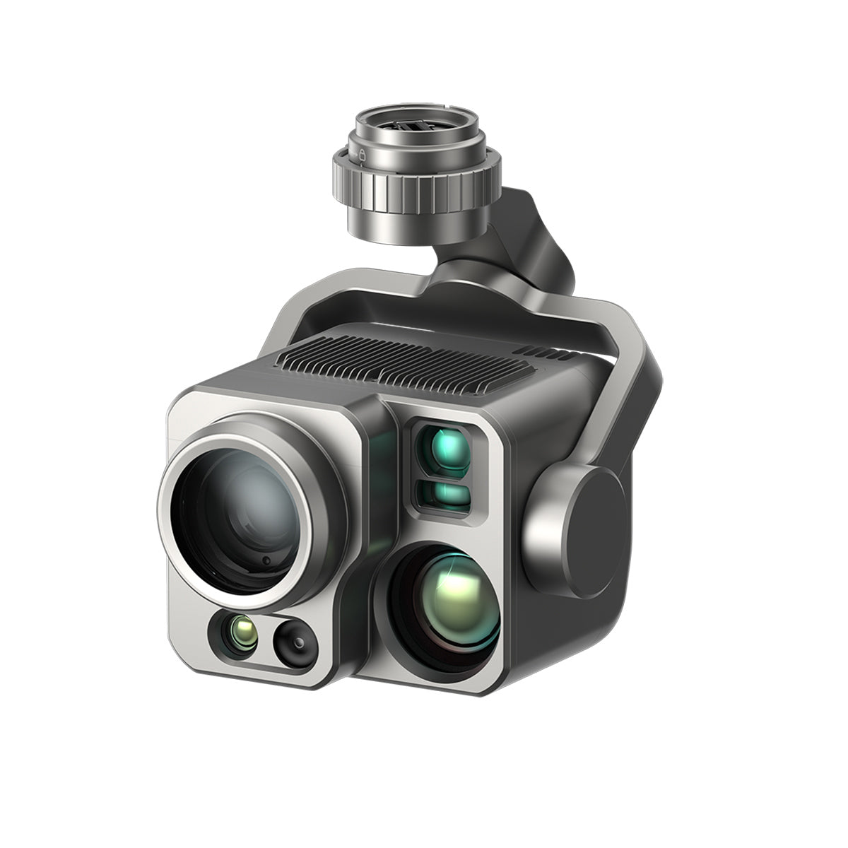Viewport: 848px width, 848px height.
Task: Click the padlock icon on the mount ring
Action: pos(362,153)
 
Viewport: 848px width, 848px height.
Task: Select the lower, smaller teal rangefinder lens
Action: pos(444,494)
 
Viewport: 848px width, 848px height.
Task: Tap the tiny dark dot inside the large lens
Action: pos(266,560)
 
